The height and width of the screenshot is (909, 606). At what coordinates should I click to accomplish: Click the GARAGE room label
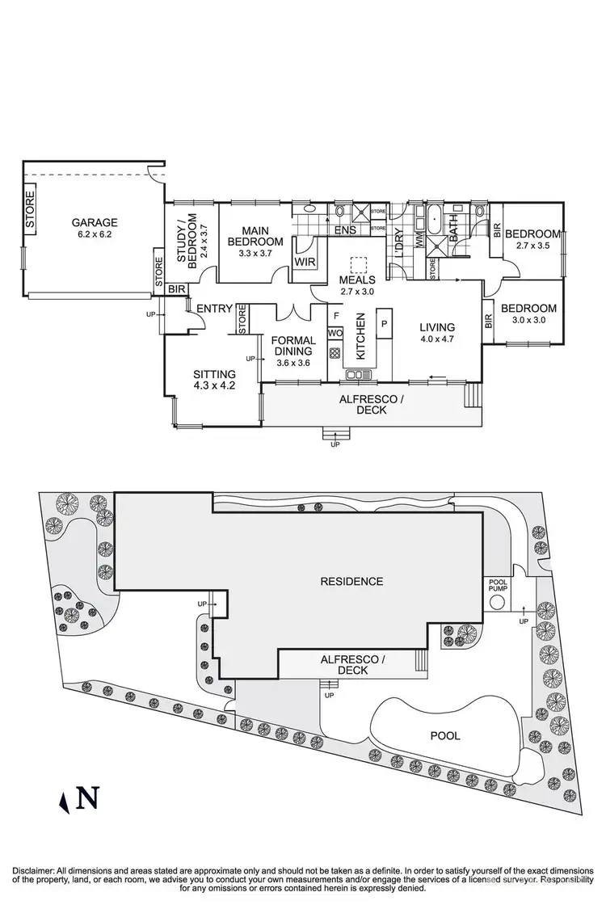[95, 222]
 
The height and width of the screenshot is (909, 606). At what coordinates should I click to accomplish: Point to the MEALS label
[358, 280]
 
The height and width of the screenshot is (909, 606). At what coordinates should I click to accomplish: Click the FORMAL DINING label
[292, 346]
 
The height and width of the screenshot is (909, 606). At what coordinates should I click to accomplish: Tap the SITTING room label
[214, 374]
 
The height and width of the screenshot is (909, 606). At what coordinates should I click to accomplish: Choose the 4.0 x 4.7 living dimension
[437, 339]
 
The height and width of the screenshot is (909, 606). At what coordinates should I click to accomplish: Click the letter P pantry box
[385, 324]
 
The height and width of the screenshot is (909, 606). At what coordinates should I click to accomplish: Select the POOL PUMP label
[498, 587]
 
